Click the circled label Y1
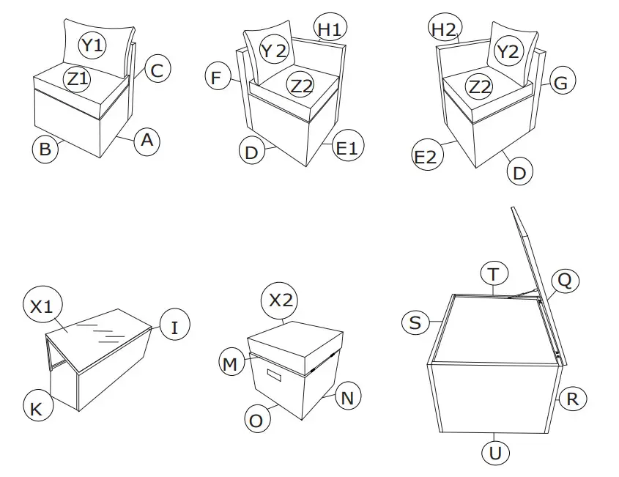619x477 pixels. click(93, 46)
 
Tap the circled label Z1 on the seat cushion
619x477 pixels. click(78, 78)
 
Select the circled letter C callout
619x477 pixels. click(157, 70)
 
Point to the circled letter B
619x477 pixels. click(45, 149)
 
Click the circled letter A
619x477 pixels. click(147, 140)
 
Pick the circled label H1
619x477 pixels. click(328, 30)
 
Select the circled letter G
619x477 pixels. click(560, 83)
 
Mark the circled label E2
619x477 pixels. click(426, 157)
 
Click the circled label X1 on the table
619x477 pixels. click(42, 306)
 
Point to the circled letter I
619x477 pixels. click(174, 327)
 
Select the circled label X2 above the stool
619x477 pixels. click(281, 300)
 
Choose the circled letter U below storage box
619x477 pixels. click(495, 452)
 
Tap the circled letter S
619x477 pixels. click(415, 323)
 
